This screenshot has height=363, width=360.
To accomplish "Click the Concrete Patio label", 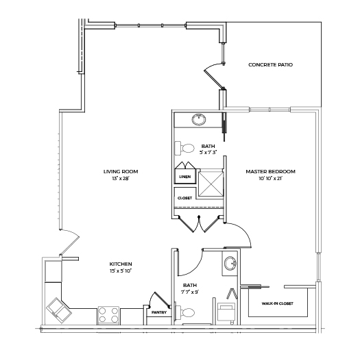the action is [270, 65].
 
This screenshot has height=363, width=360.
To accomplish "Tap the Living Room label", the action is [121, 171].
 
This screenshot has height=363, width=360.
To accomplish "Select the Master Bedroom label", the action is [271, 171].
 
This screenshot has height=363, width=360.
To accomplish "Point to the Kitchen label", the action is [121, 264].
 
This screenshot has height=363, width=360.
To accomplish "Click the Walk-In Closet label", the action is [278, 303].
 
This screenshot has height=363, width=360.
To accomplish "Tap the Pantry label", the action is [159, 312].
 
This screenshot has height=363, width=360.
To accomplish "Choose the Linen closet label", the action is [185, 177].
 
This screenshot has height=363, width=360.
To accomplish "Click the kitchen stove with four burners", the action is [108, 315].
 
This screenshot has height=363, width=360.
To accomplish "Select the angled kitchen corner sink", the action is [59, 310].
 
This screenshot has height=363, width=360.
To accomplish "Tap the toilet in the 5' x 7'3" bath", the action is [184, 148].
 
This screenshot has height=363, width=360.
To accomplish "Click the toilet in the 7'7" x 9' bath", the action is [184, 312].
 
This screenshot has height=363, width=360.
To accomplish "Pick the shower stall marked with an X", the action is [211, 183].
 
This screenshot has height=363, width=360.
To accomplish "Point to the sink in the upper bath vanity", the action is [199, 119].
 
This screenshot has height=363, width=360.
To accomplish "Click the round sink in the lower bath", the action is [230, 263].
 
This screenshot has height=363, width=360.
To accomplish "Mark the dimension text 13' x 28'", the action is [120, 179].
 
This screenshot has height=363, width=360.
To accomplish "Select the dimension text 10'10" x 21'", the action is [271, 179].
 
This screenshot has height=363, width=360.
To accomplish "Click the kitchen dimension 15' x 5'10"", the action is [121, 271].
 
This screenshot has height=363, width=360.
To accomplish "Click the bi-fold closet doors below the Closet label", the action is [199, 224].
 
